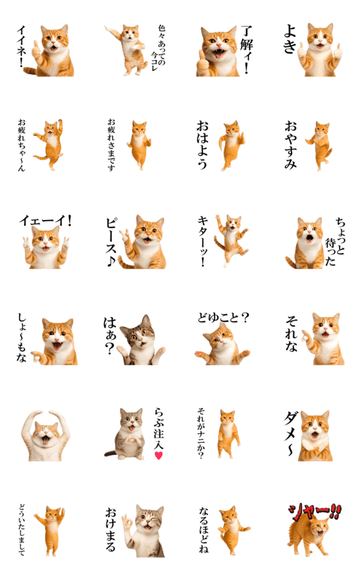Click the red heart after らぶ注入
click(x=158, y=456)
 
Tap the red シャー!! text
click(x=315, y=512)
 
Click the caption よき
click(x=290, y=39)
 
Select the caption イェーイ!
click(x=45, y=221)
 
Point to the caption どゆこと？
click(x=223, y=317)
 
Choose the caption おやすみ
click(x=290, y=145)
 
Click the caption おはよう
click(x=202, y=145)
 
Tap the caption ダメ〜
click(x=290, y=433)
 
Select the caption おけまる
click(x=111, y=530)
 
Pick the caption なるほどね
click(x=204, y=530)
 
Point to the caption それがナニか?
click(x=200, y=433)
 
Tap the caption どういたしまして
click(x=22, y=530)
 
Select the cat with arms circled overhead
click(x=45, y=436)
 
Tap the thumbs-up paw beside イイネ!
click(x=36, y=50)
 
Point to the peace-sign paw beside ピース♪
click(x=126, y=235)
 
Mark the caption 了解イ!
click(x=246, y=49)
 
